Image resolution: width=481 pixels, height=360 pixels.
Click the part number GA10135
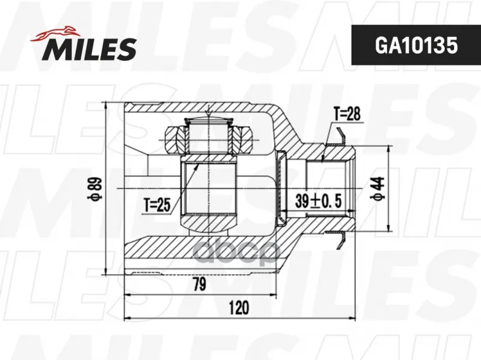point(416,46)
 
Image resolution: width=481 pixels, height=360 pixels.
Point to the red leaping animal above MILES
point(55,34)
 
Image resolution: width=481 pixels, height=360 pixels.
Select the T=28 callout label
point(347,114)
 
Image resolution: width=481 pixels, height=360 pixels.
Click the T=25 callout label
point(157,204)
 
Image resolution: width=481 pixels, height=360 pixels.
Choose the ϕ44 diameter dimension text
point(378,188)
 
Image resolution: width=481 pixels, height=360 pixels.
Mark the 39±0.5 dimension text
point(319,201)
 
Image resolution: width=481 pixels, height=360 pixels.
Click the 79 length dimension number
point(199,284)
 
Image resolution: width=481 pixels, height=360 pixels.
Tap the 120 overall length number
point(239,308)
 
